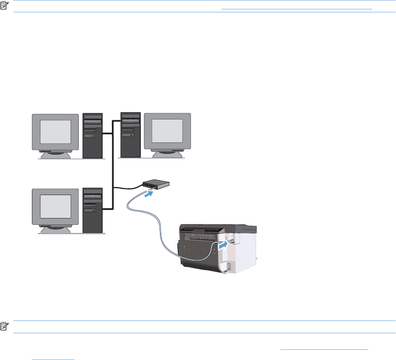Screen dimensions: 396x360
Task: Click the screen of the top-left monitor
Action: (56, 132)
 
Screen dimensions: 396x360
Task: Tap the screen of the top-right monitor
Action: (168, 131)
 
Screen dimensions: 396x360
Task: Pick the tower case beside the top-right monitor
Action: (130, 135)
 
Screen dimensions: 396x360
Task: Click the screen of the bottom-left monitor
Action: (56, 207)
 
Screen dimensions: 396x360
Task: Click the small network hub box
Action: (156, 184)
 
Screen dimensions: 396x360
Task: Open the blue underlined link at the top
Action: (296, 9)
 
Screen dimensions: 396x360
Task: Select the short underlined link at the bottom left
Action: (53, 357)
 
